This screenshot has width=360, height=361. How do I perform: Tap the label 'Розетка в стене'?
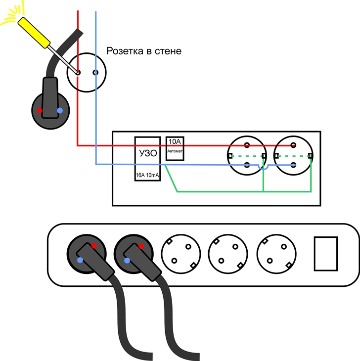point(144,51)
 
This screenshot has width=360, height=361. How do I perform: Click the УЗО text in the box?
point(147,153)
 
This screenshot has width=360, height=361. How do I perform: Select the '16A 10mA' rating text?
point(147,175)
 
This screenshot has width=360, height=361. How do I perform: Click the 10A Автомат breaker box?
point(175,148)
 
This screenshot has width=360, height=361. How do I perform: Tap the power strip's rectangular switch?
point(326,253)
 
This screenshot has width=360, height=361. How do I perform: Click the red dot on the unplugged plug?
point(41,109)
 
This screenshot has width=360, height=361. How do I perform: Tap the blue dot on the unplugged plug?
point(60,110)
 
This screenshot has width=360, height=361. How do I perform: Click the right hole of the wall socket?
point(95,73)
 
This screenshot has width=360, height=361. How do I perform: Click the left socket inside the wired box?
point(246,155)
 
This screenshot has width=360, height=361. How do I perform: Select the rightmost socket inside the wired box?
point(293,155)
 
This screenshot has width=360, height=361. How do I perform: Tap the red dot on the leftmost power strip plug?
point(94,246)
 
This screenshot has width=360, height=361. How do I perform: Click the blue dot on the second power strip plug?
point(127,260)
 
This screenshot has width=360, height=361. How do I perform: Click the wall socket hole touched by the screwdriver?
point(78,73)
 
